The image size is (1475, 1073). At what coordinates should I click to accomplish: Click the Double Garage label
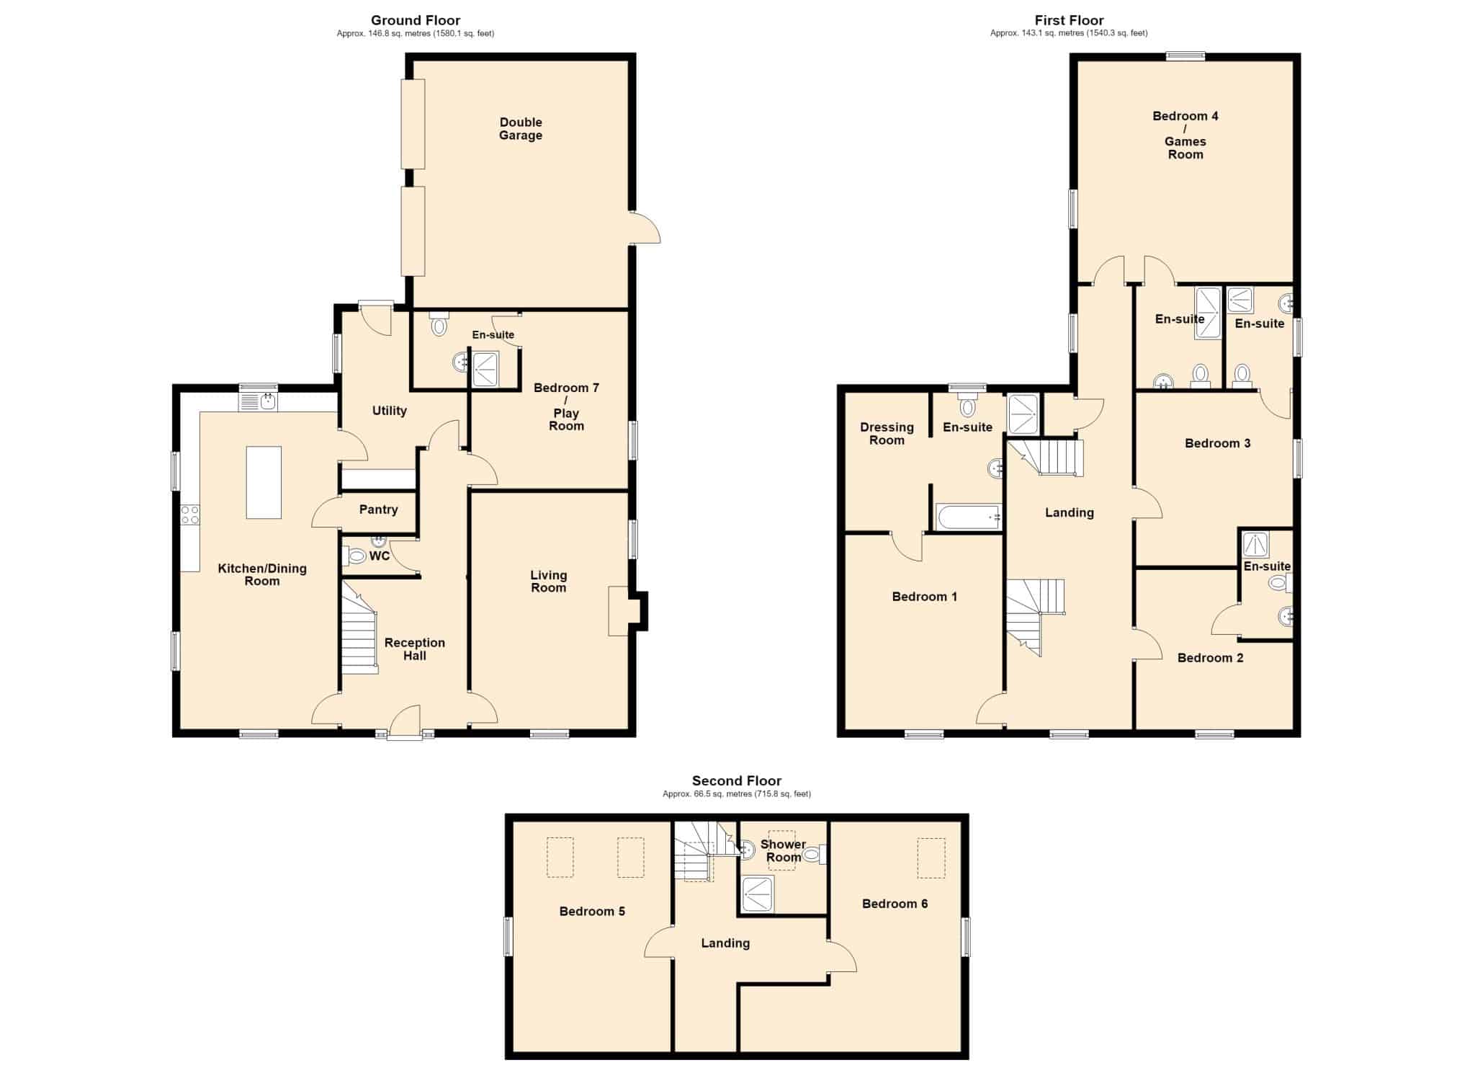coord(520,129)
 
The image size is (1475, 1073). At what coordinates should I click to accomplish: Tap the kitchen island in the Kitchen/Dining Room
coord(264,482)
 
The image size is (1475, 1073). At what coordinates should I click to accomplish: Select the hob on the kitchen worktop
coord(190,515)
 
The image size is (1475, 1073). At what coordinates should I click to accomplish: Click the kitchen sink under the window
coord(259,401)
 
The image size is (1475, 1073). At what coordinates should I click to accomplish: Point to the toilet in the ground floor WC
coord(355,556)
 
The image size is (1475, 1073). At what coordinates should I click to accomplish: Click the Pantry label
coord(378,509)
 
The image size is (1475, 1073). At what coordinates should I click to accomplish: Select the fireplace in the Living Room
coord(619,611)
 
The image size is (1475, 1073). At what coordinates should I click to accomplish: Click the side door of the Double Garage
coord(645,227)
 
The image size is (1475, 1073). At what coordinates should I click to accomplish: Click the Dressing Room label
coord(887,434)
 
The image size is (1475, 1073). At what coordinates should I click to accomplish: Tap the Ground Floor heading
coord(416,20)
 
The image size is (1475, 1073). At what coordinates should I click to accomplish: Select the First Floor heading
coord(1069,20)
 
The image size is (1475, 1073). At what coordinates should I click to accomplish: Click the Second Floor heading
coord(737,780)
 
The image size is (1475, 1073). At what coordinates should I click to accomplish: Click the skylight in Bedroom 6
coord(931,858)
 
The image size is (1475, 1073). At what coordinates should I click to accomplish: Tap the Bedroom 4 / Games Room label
coord(1185,135)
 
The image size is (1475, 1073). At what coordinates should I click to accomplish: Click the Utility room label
coord(390,411)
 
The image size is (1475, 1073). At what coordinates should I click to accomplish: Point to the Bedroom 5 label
coord(592,912)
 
